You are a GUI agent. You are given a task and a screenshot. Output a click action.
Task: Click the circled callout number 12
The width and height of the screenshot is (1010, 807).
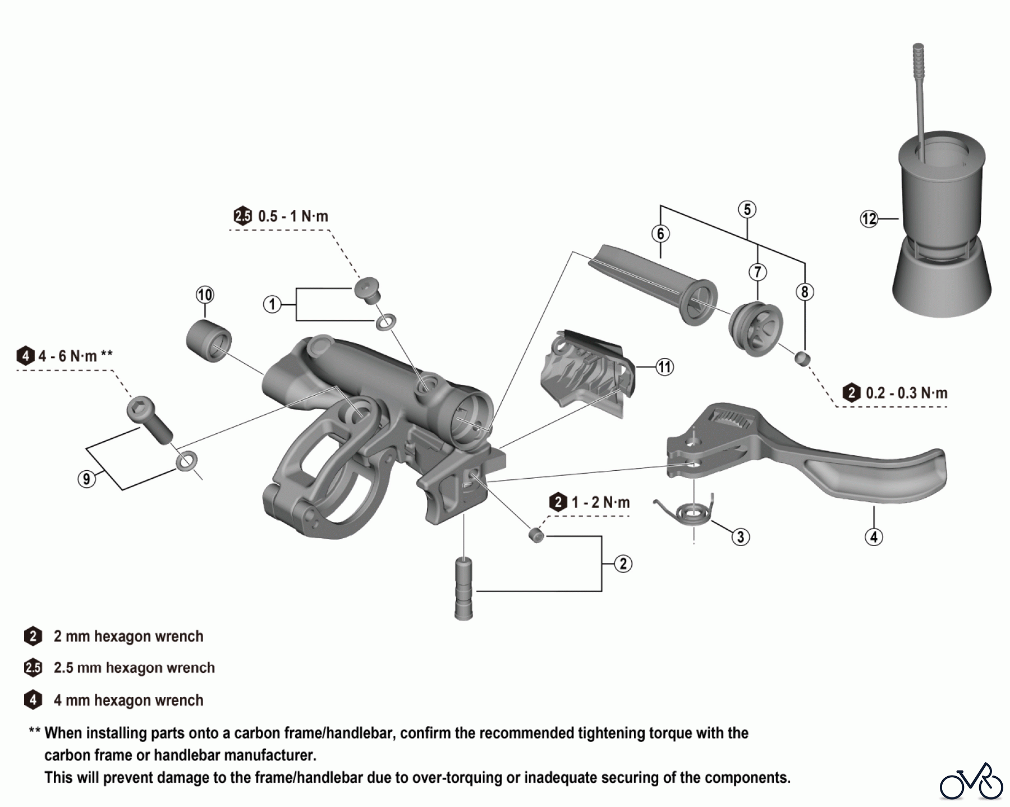869,218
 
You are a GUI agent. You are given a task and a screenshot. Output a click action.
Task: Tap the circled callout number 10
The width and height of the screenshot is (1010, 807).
205,295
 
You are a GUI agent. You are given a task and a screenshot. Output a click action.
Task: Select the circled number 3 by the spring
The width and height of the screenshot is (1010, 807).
740,537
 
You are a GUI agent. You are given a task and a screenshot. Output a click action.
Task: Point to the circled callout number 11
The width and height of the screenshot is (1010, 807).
664,367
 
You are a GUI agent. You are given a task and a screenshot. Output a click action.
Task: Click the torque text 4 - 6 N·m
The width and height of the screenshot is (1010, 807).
67,356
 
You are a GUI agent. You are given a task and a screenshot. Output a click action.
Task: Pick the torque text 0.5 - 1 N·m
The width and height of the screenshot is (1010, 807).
292,217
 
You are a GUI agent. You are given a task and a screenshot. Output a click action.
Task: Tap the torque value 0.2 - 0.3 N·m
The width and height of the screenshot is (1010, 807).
906,393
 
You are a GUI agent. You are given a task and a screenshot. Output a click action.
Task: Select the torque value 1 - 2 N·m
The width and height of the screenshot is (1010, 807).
600,502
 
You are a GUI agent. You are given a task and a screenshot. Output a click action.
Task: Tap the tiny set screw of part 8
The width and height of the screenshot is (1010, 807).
802,357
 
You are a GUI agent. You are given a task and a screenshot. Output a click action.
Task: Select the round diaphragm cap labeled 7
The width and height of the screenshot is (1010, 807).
756,329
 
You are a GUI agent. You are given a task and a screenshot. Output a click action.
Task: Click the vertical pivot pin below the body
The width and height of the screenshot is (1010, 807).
463,588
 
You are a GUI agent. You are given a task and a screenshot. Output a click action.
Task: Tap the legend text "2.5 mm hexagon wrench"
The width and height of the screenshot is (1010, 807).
134,668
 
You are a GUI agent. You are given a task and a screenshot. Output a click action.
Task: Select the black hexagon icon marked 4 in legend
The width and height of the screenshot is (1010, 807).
33,700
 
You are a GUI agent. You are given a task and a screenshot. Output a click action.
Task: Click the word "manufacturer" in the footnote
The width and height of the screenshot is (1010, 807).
269,755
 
